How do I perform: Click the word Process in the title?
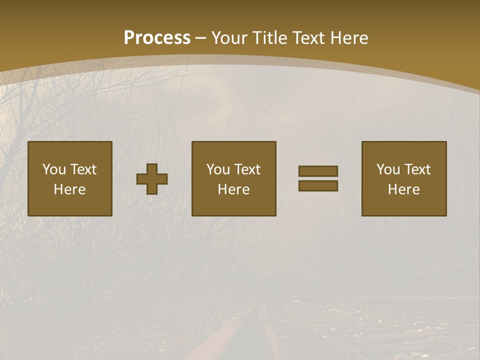[x=157, y=37]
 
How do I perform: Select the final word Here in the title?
[x=350, y=37]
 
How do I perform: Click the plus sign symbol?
[x=152, y=179]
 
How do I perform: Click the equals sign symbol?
[x=318, y=178]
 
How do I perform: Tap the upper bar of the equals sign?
[x=318, y=171]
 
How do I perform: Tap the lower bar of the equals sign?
[x=318, y=186]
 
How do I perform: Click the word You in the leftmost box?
[x=54, y=169]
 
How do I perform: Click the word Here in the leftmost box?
[x=70, y=189]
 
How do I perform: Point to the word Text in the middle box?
[x=247, y=169]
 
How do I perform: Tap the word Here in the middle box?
[x=234, y=189]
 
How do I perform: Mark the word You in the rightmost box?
[x=388, y=169]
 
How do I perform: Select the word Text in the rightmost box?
[x=417, y=169]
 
